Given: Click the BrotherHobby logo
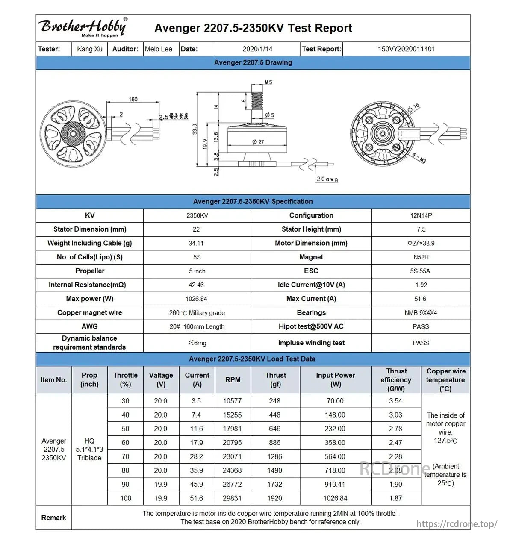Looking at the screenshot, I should (x=83, y=27).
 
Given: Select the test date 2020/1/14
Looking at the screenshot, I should (x=257, y=49).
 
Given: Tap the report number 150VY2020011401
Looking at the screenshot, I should (x=406, y=49).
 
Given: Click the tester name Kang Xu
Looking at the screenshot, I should (x=90, y=49).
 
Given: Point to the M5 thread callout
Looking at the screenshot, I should (x=268, y=82).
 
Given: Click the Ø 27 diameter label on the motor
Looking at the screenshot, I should (x=258, y=141).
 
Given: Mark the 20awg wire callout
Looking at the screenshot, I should (x=327, y=179).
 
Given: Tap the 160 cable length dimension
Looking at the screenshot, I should (x=133, y=99).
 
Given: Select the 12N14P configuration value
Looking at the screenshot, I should (x=421, y=215).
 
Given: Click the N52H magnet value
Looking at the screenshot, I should (x=421, y=257).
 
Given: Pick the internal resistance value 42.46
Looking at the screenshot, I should (x=196, y=285).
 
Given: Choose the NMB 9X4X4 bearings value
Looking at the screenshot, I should (x=421, y=313).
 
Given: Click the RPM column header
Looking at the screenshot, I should (x=233, y=380).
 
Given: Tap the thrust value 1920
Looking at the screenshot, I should (x=274, y=498).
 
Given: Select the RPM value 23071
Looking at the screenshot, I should (x=232, y=456).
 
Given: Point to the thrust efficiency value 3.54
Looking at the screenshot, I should (x=395, y=401).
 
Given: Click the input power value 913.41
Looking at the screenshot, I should (x=335, y=484).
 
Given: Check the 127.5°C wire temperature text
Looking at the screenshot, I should (x=445, y=441).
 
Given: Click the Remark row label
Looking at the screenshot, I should (x=53, y=518).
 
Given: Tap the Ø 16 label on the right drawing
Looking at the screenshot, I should (x=413, y=108).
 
